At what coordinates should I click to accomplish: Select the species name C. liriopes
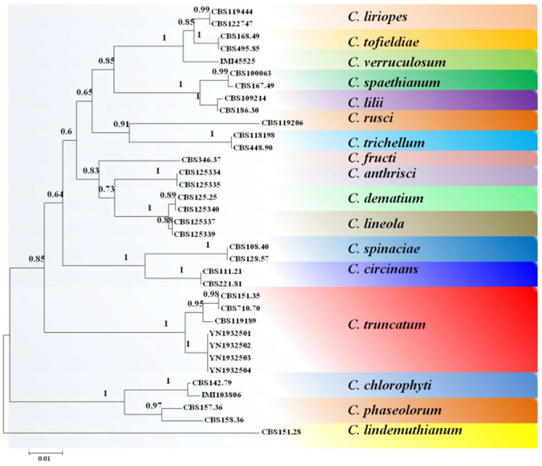click(378, 17)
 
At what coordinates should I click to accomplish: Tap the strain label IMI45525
click(237, 61)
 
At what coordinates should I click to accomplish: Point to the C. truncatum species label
click(387, 325)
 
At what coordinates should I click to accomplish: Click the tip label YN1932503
click(230, 358)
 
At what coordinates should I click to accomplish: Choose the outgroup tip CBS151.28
click(281, 432)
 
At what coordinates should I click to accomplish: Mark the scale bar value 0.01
click(44, 459)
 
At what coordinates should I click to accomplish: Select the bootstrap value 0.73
click(107, 189)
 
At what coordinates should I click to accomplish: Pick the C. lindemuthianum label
click(405, 430)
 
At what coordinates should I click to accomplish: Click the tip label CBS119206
click(282, 123)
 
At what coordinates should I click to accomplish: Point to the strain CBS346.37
click(201, 160)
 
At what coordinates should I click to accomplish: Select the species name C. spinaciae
click(384, 249)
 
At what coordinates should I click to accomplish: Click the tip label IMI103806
click(221, 395)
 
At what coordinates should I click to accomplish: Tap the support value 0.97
click(153, 406)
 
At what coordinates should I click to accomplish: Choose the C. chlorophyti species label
click(389, 385)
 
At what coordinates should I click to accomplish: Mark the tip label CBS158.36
click(224, 420)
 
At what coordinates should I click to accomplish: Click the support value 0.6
click(66, 131)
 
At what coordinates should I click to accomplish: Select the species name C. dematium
click(385, 198)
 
